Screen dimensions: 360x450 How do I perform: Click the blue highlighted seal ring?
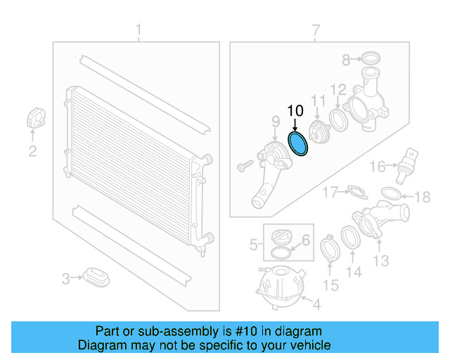pos(299,144)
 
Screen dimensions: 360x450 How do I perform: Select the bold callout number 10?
pos(295,111)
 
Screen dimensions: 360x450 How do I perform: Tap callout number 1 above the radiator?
pos(139,30)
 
